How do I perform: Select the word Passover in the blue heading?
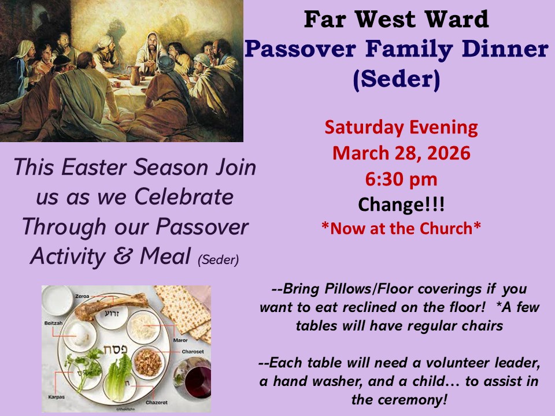[x=299, y=49]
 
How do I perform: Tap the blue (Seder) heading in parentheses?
[x=397, y=79]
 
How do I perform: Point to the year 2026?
[x=449, y=153]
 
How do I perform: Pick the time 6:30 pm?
[x=401, y=179]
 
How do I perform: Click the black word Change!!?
[x=401, y=205]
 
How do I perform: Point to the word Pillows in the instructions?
[x=347, y=289]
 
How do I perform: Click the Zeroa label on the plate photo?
[x=82, y=296]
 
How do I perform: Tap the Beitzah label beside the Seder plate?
[x=53, y=323]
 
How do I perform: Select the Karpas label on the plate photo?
[x=56, y=397]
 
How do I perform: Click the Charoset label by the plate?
[x=193, y=352]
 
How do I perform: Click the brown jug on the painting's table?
[x=135, y=75]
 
